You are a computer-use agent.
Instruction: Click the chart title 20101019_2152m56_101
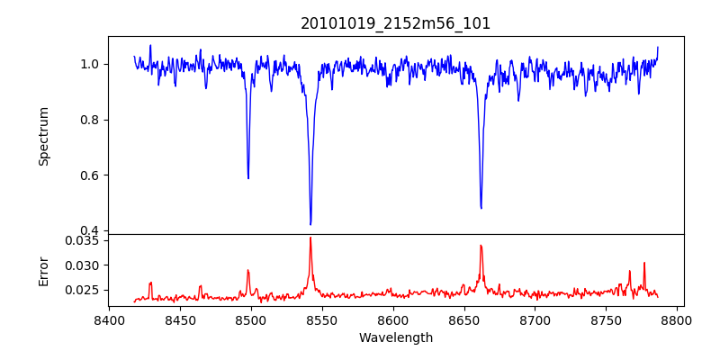point(396,23)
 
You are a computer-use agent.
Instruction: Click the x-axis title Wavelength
point(396,337)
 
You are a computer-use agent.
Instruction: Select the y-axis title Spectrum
point(43,136)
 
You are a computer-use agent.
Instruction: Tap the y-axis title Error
point(43,269)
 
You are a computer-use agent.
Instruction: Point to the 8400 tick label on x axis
point(109,319)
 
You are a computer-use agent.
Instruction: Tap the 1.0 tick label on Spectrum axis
point(93,64)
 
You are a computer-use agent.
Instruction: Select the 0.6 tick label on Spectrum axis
point(93,175)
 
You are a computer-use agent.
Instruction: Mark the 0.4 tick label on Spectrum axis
point(93,230)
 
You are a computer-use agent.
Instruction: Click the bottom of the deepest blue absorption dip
point(310,224)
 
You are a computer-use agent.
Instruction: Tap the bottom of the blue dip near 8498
point(248,178)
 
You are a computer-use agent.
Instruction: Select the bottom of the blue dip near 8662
point(481,208)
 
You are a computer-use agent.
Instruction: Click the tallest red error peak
point(310,238)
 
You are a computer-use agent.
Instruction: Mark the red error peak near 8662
point(481,246)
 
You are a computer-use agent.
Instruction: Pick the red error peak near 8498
point(248,270)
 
